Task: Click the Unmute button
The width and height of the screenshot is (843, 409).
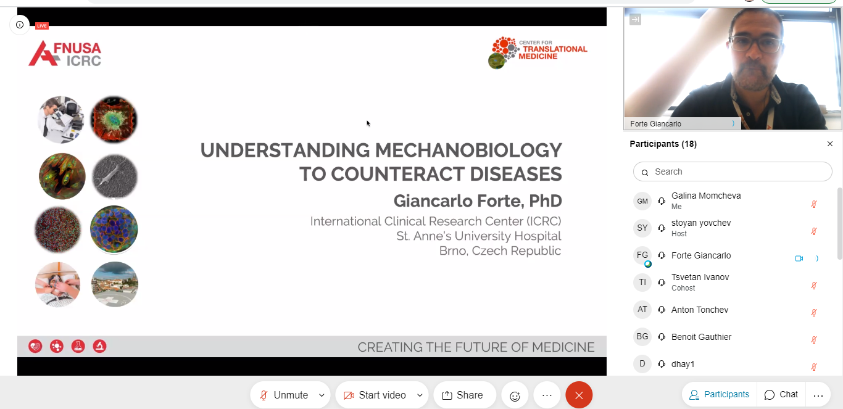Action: (284, 395)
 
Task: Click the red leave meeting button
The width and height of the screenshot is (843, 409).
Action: (579, 395)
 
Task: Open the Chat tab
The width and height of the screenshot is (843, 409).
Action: (781, 394)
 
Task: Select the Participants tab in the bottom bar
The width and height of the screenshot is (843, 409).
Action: (719, 394)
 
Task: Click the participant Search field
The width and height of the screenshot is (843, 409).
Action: (733, 171)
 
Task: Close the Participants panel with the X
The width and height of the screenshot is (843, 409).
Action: (830, 144)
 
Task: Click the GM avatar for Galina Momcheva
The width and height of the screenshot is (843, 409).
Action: (642, 201)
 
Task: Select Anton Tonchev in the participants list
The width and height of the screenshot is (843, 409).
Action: (700, 310)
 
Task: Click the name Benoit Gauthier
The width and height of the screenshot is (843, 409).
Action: (701, 337)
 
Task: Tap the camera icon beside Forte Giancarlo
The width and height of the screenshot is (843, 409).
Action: (799, 258)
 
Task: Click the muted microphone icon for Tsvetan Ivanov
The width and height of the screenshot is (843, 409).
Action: (813, 286)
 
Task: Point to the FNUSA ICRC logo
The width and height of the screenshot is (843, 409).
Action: (65, 54)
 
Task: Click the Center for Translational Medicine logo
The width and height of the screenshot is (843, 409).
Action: (538, 52)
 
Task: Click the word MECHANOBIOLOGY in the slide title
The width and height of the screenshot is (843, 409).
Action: (468, 150)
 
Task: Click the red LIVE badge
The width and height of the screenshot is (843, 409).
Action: (42, 25)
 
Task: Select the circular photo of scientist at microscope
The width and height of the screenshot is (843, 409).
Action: (61, 120)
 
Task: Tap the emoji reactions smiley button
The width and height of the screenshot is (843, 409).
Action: (515, 395)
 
